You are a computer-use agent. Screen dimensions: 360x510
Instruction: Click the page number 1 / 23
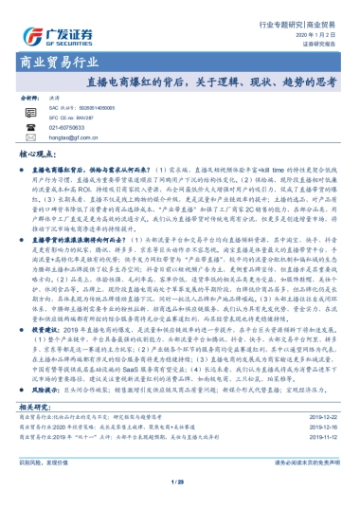pos(179,483)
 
